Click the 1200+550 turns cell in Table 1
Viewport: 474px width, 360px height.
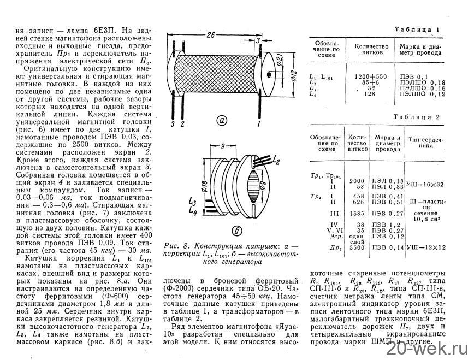click(x=371, y=76)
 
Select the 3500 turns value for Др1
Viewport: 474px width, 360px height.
click(x=356, y=248)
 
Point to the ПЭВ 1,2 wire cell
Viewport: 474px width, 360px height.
click(x=382, y=224)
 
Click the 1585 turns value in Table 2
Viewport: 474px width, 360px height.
click(x=356, y=214)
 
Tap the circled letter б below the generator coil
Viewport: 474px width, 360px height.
click(x=223, y=229)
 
